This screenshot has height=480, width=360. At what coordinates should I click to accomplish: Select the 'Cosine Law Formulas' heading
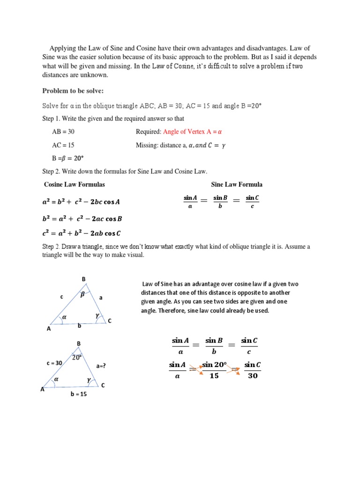point(74,184)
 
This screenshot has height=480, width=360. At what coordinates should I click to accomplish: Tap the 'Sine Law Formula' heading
point(237,184)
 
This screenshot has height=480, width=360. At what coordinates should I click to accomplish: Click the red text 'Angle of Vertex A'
point(188,132)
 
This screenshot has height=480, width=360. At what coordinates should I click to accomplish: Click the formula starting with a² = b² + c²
point(81,202)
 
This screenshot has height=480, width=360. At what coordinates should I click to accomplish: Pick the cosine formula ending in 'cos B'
point(82,218)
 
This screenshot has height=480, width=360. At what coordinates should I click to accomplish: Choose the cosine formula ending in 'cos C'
point(82,233)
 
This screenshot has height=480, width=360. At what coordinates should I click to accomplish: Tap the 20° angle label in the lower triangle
point(77,357)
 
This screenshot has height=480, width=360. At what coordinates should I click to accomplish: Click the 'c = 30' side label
point(54,363)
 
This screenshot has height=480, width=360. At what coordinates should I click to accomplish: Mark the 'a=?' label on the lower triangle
point(101,366)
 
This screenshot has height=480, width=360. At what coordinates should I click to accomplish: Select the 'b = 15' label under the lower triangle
point(79,394)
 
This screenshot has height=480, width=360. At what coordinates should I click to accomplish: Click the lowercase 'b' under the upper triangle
point(79,325)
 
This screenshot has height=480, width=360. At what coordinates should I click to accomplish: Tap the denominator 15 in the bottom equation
point(214,375)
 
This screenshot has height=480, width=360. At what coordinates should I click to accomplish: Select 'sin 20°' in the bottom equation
point(214,365)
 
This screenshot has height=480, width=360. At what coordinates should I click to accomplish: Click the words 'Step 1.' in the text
point(52,119)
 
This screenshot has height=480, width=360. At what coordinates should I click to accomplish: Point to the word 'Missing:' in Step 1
point(147,145)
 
